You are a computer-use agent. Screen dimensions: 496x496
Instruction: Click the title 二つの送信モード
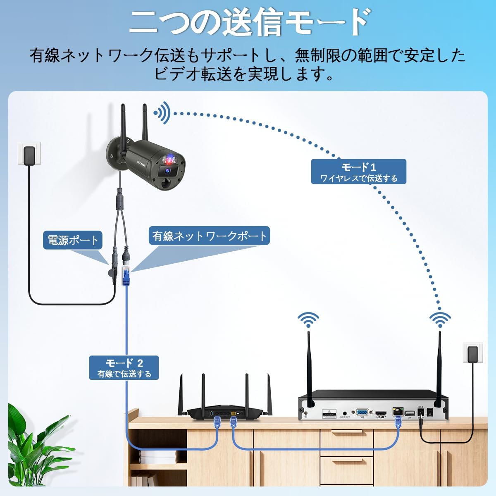tap(248, 23)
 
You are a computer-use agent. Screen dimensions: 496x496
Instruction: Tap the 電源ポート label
tap(73, 240)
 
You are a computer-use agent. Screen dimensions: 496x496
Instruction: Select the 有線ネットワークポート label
tap(210, 236)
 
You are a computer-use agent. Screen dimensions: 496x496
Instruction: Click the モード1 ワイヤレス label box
tap(358, 172)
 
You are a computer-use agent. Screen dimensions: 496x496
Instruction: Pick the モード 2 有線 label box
tap(124, 367)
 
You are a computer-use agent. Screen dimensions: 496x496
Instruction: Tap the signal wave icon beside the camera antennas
tap(163, 112)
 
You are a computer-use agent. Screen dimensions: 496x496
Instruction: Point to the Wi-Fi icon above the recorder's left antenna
tap(308, 320)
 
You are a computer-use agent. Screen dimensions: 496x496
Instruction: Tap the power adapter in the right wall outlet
tap(471, 354)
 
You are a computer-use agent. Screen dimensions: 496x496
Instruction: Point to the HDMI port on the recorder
tap(380, 413)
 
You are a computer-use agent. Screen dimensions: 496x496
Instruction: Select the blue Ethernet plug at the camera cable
tap(126, 276)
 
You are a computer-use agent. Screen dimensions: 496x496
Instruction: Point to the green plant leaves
tap(29, 446)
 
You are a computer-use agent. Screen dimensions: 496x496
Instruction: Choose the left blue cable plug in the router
tap(217, 422)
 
